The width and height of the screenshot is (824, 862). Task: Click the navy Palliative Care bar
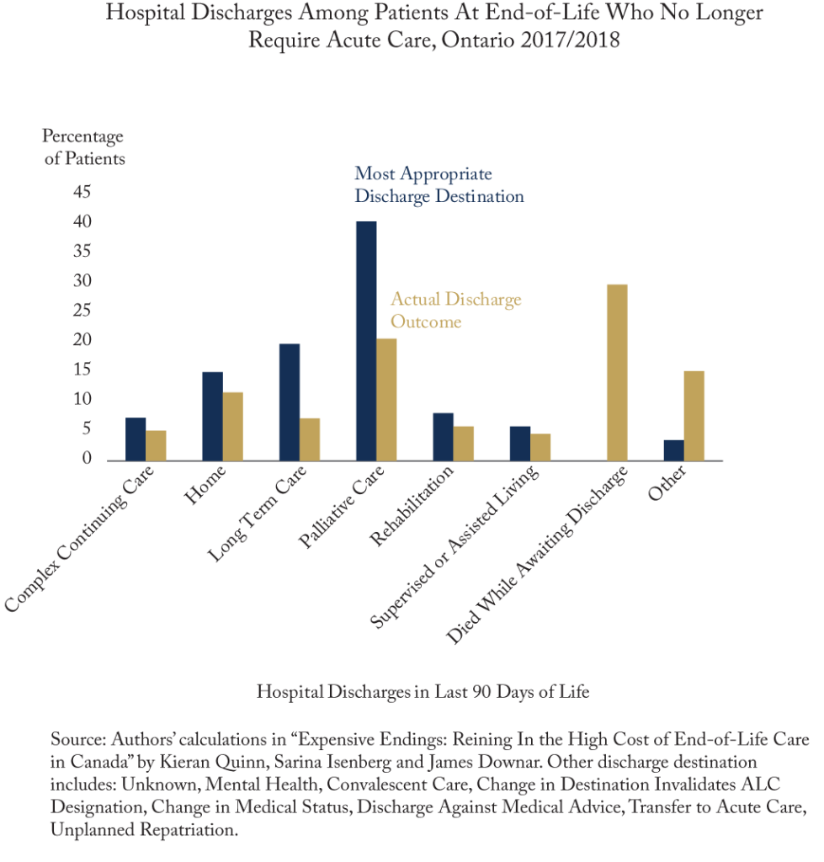366,340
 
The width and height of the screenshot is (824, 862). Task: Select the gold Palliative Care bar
387,399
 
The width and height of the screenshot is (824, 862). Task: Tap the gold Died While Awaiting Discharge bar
618,372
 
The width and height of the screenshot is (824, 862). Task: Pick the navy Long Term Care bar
290,402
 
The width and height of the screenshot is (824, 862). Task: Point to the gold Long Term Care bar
310,439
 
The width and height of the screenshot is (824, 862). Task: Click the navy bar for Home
212,416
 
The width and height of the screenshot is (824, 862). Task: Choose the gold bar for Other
694,415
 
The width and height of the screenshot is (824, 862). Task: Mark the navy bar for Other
673,450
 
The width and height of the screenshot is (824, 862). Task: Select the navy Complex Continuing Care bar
136,439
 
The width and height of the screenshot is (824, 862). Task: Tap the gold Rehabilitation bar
464,443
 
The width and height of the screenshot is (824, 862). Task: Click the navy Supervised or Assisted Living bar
520,443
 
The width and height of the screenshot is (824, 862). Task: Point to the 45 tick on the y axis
82,193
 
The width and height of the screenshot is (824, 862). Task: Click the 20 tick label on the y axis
82,341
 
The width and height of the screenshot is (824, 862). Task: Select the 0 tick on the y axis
87,459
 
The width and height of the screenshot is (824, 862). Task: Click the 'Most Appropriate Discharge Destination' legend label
439,185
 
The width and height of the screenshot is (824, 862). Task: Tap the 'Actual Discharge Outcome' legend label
455,311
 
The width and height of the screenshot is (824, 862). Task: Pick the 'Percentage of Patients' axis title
83,147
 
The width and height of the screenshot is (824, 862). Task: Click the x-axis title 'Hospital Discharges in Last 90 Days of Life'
423,692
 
